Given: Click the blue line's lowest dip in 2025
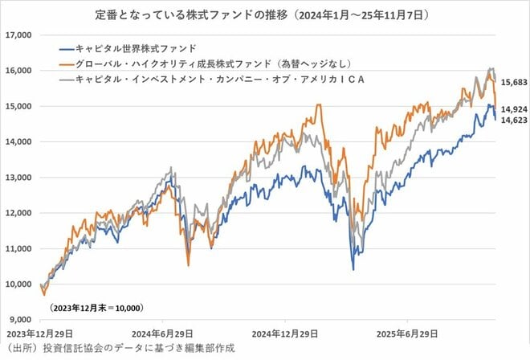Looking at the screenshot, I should click(x=353, y=268).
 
